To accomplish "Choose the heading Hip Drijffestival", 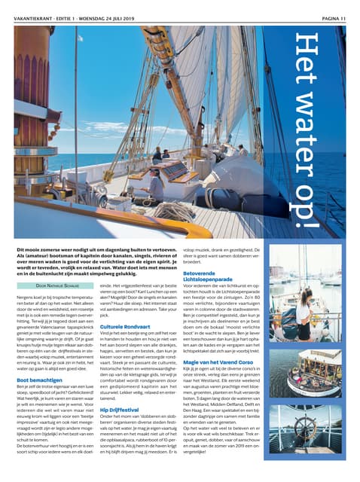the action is point(121,410).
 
